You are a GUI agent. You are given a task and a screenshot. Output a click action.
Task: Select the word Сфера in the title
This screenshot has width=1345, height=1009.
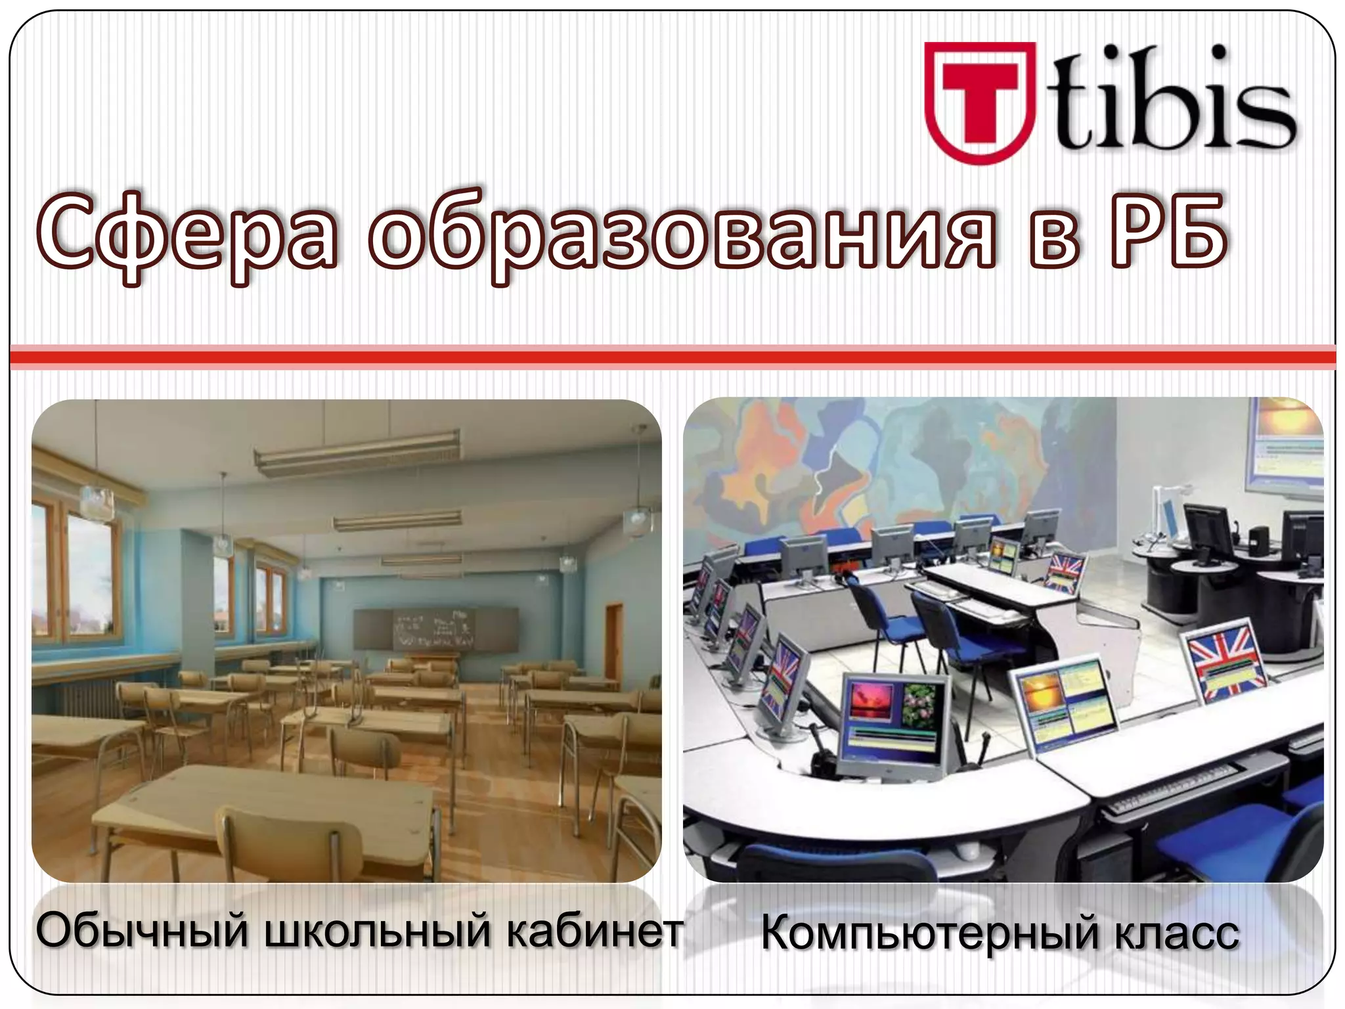pyautogui.click(x=187, y=238)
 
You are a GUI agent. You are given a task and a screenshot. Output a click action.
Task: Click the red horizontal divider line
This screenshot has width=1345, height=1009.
pyautogui.click(x=672, y=357)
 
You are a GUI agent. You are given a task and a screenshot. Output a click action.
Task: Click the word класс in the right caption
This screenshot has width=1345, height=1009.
pyautogui.click(x=1176, y=933)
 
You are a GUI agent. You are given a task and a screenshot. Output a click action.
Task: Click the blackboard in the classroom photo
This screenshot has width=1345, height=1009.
pyautogui.click(x=433, y=629)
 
